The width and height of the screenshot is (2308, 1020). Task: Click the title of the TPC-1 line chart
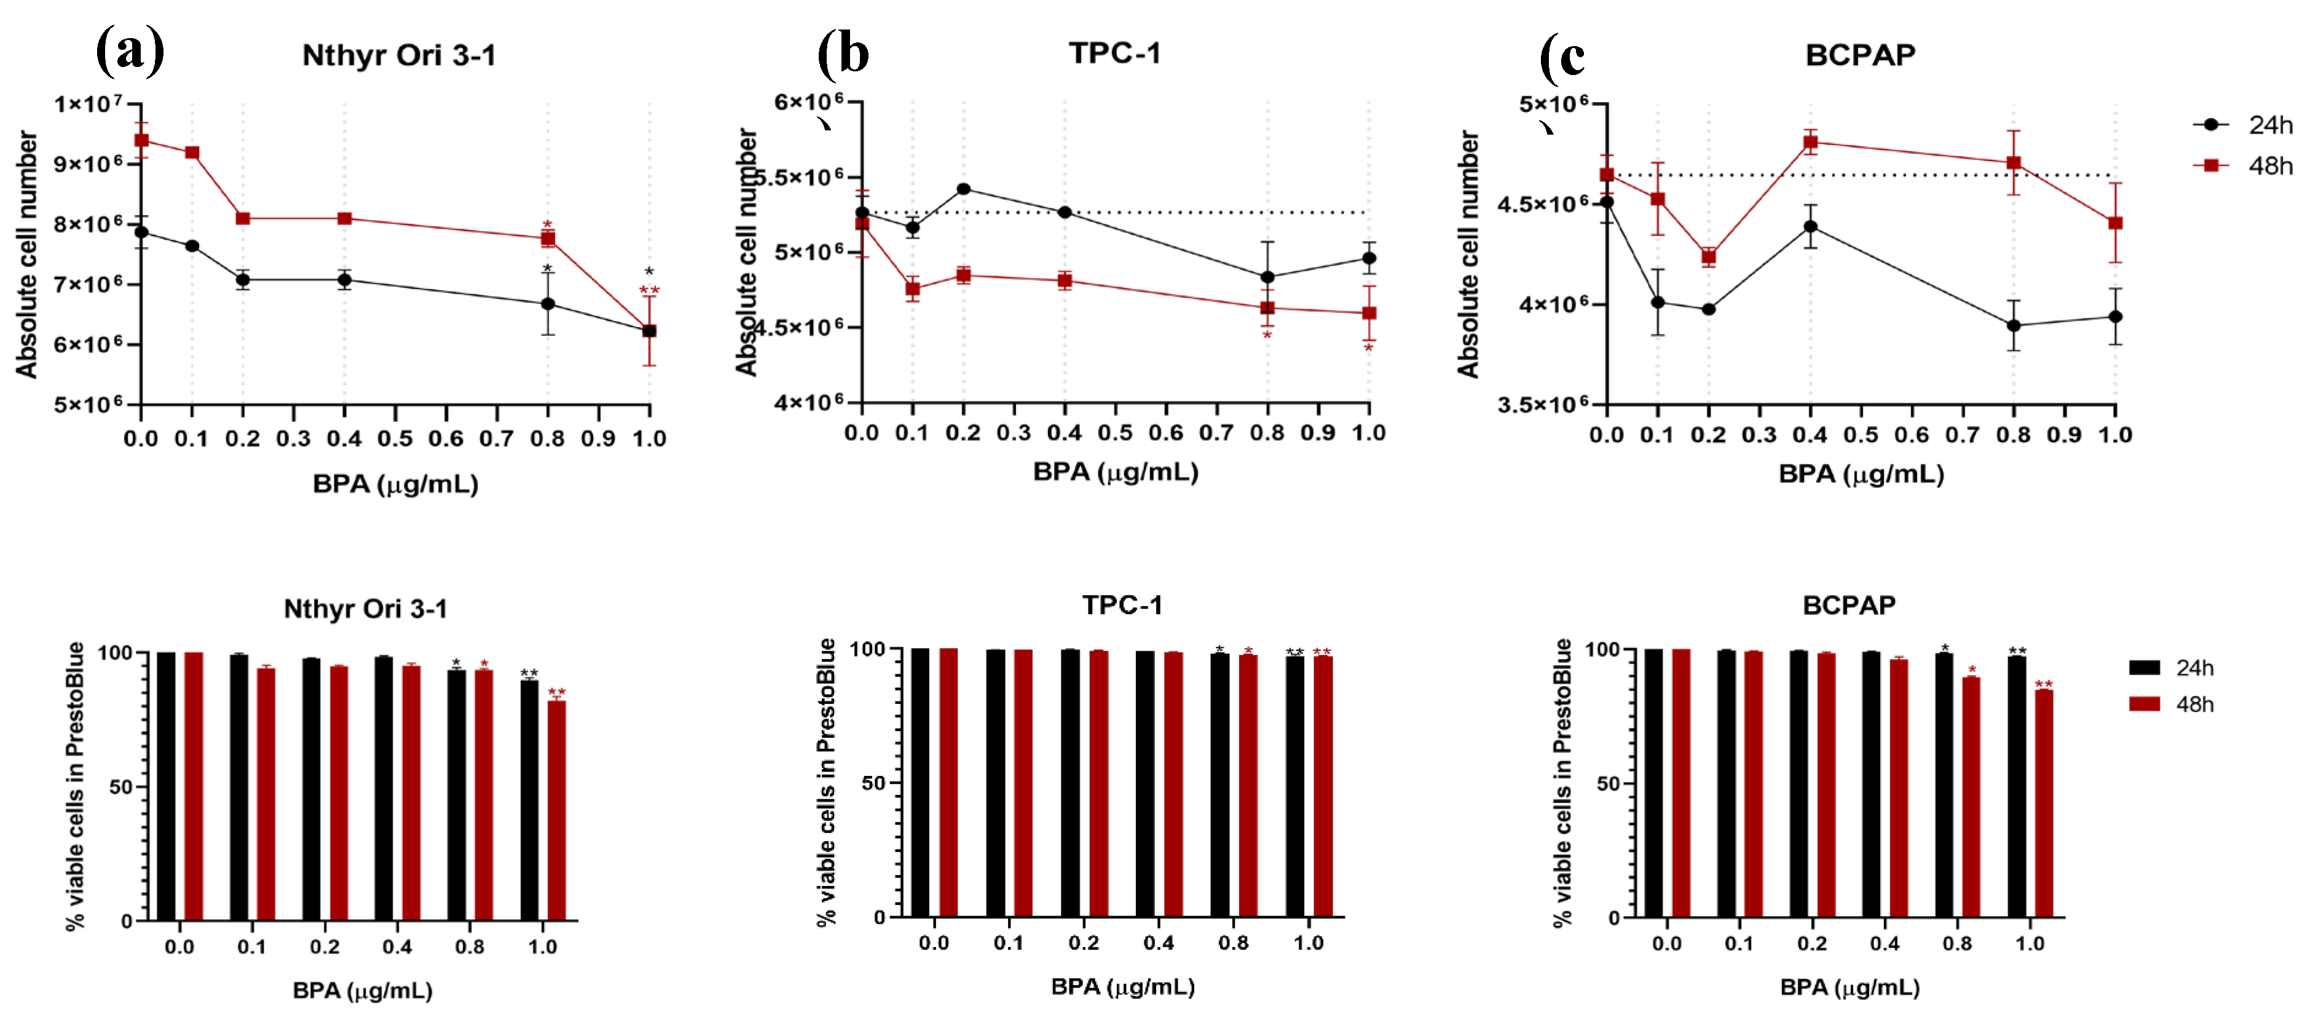(1114, 53)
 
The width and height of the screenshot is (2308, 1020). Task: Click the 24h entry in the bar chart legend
(2172, 668)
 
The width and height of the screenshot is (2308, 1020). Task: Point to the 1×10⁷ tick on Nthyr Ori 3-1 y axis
(88, 104)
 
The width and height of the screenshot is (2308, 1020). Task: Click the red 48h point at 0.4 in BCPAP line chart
(1810, 141)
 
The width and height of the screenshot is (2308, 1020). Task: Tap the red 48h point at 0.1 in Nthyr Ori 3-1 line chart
(192, 152)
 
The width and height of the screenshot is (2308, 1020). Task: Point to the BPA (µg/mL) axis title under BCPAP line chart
(1861, 474)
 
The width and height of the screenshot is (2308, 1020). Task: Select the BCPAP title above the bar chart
(1848, 605)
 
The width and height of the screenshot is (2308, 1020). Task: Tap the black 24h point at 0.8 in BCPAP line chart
(2013, 325)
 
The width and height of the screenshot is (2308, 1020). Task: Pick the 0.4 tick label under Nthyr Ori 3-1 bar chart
(397, 946)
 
